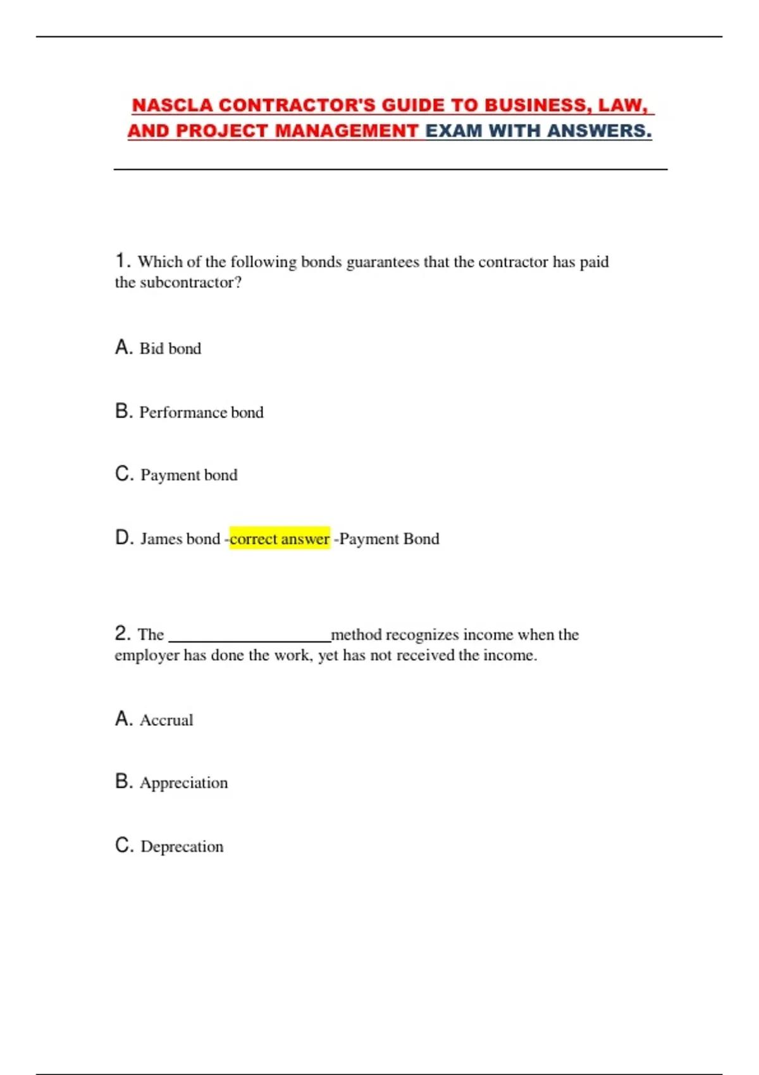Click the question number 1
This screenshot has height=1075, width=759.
122,261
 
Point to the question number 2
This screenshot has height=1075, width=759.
122,633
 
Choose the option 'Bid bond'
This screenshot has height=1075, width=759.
170,348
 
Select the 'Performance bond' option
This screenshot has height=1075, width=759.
201,412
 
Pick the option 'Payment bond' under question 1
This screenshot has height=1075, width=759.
188,475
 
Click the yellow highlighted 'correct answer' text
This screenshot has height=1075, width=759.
280,539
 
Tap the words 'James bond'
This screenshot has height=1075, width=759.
180,539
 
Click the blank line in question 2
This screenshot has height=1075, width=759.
250,639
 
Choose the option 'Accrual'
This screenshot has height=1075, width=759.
166,720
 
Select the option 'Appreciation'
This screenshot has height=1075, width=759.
183,783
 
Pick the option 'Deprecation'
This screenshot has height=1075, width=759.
182,847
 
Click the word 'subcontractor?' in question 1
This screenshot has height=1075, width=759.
190,283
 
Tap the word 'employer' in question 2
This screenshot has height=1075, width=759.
147,656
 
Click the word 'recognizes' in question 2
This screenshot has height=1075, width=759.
422,635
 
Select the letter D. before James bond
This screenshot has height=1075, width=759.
124,538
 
